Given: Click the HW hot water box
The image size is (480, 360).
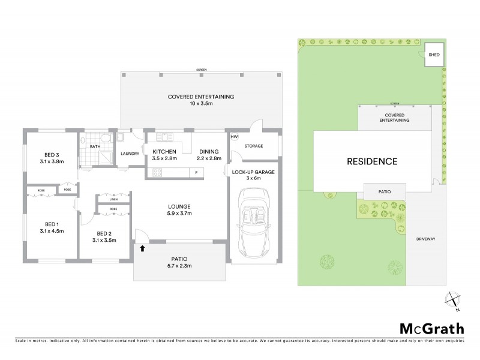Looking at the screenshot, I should (x=234, y=136).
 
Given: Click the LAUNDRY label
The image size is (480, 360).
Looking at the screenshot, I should (x=130, y=154).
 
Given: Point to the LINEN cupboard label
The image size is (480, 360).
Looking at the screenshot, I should (x=113, y=200).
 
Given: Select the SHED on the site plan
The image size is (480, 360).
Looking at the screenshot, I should (x=434, y=55).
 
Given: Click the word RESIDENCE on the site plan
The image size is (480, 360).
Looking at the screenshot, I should (x=373, y=161).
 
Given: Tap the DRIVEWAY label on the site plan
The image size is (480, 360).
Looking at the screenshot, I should (x=425, y=239).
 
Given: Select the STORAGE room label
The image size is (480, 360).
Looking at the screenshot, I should (x=254, y=145).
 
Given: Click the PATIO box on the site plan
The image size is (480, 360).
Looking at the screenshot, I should (x=385, y=192).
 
